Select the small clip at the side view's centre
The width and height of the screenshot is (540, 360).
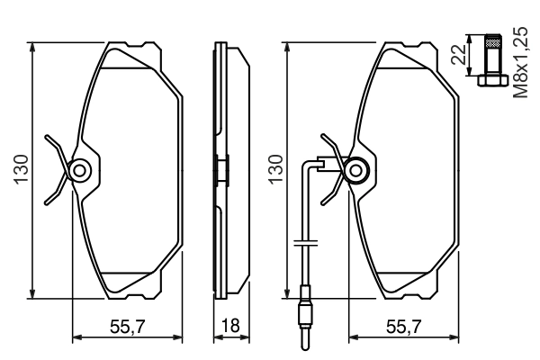coord(220,170)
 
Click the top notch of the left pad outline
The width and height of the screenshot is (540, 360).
coord(128,45)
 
